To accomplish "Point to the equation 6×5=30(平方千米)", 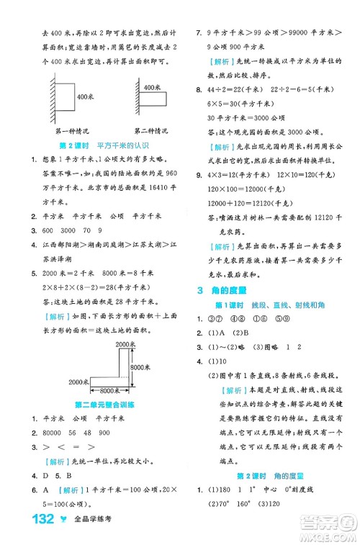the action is point(238,103).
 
